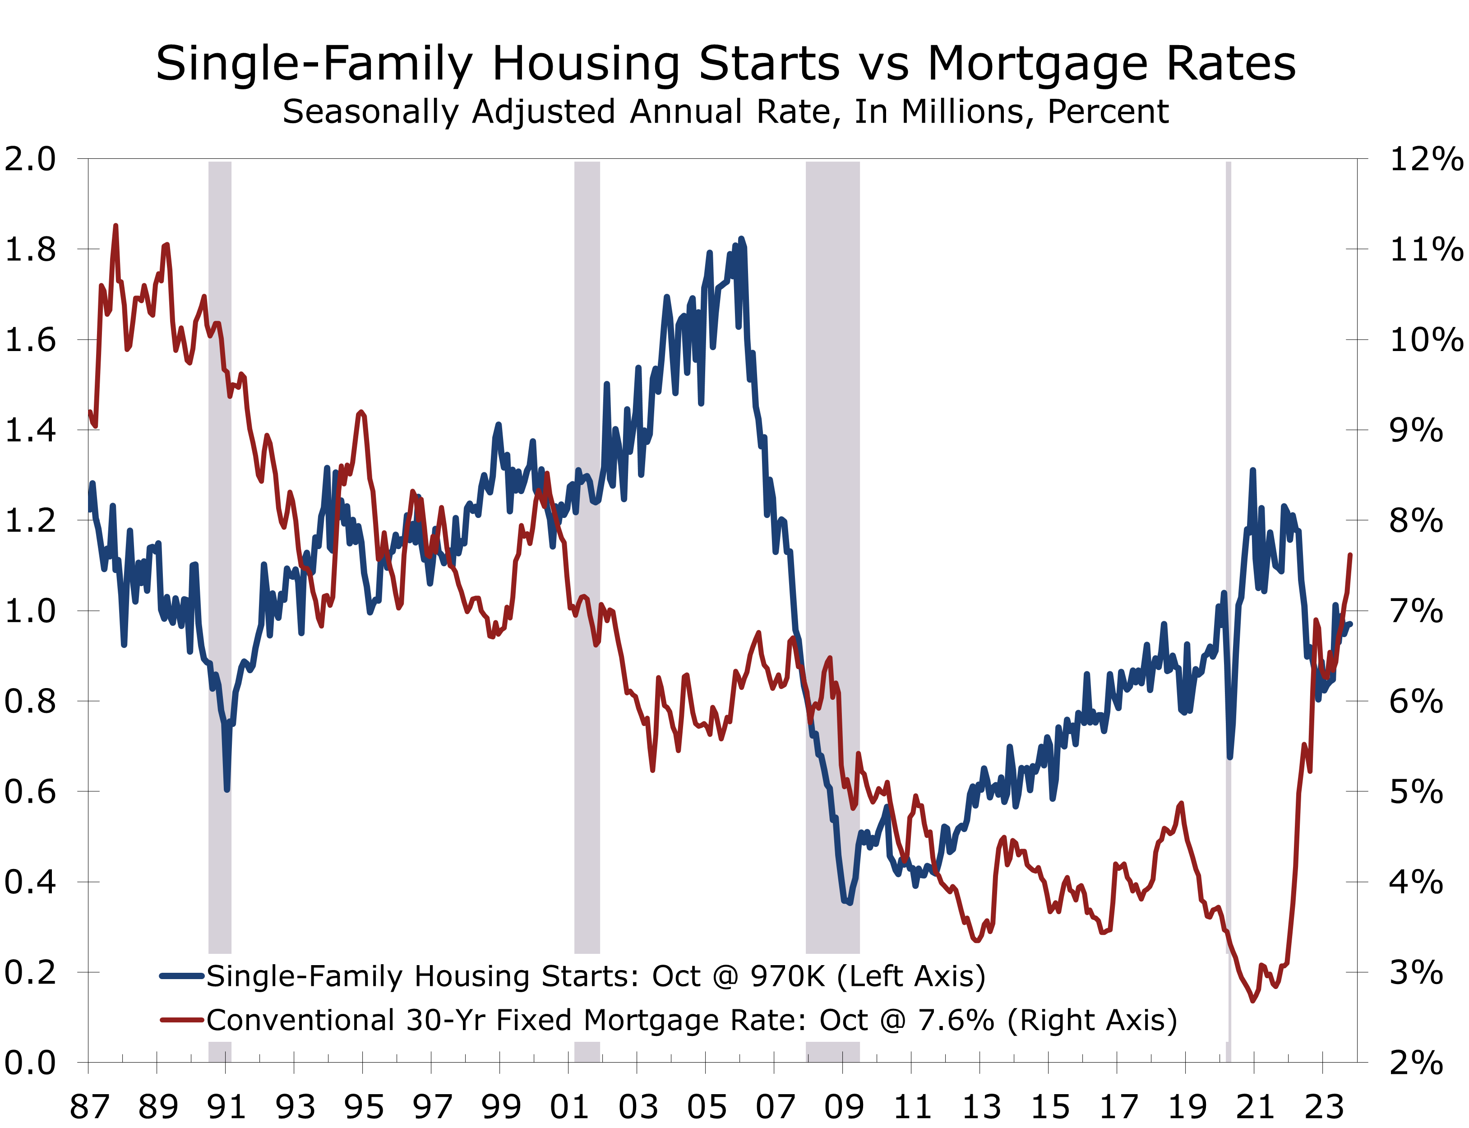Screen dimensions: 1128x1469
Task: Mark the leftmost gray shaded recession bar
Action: point(220,537)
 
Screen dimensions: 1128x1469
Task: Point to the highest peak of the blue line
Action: point(741,239)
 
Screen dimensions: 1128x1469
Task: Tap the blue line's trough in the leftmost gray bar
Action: point(227,789)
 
